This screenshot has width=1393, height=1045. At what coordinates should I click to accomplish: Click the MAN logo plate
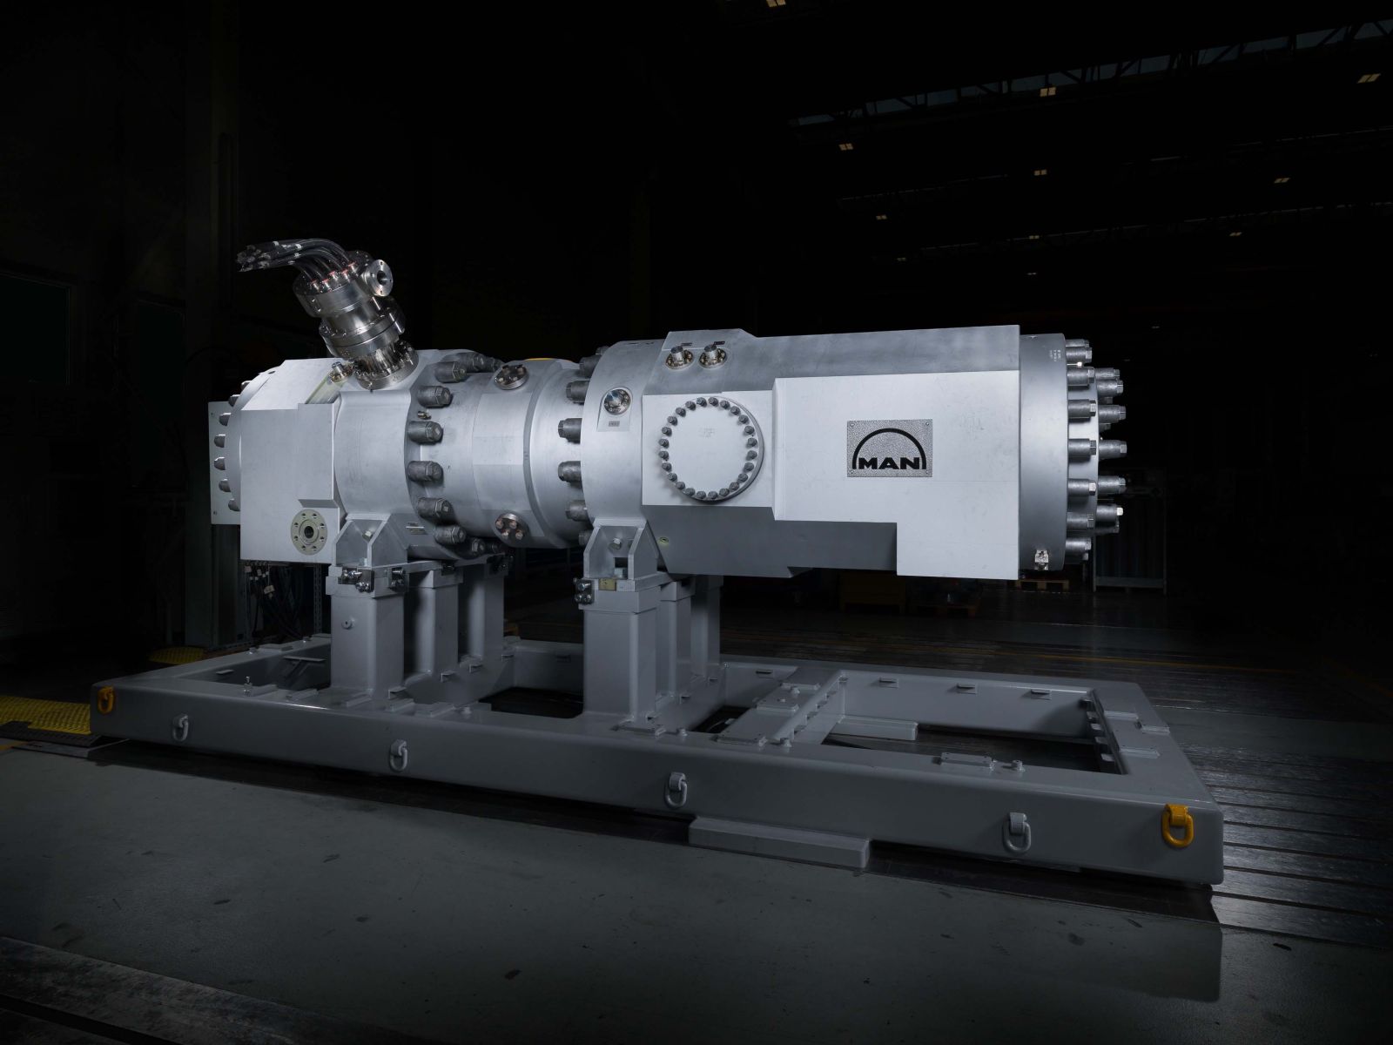click(x=890, y=448)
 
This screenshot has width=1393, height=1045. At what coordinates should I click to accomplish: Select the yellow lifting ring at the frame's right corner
click(x=1178, y=827)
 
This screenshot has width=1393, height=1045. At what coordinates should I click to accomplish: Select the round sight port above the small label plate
click(x=616, y=401)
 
